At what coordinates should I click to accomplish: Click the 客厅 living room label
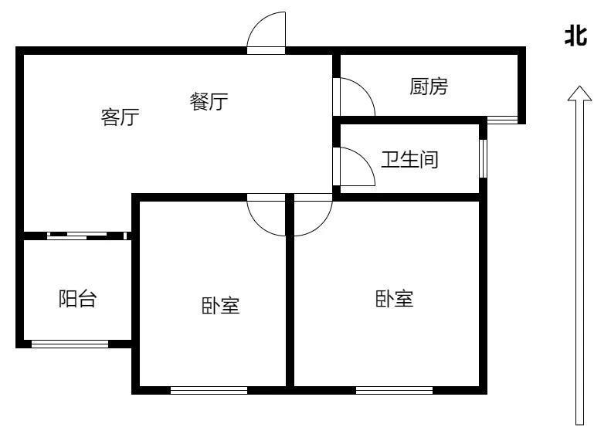point(120,117)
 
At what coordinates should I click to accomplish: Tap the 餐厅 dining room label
point(209,101)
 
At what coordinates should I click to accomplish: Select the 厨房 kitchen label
point(429,87)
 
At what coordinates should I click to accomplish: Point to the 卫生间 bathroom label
point(409,160)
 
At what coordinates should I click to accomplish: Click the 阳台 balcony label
point(77,299)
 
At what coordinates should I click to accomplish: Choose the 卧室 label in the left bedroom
point(221,306)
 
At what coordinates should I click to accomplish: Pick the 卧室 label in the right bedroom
point(395,299)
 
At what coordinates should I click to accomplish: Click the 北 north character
point(576,36)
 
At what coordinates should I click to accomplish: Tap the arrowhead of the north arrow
point(579,93)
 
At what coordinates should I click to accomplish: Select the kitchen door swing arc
point(358,97)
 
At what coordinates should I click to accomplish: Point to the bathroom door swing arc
point(358,166)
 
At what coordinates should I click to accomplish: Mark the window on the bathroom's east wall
point(484,158)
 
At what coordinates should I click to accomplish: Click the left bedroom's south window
point(209,390)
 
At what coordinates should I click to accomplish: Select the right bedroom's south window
point(395,390)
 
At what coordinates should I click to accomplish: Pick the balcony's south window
point(70,344)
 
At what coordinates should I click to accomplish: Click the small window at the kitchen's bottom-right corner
point(503,120)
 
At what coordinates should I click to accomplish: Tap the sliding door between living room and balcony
point(87,236)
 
